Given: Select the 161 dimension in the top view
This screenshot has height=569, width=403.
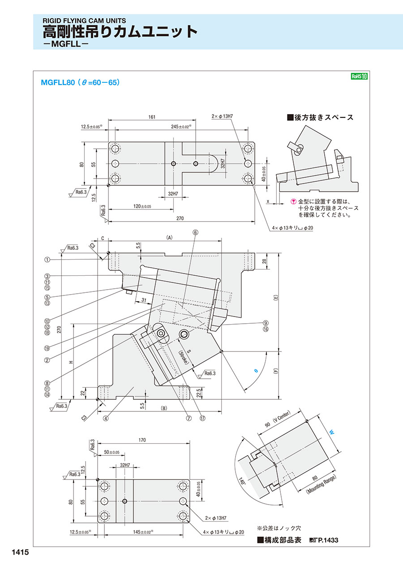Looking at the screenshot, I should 152,117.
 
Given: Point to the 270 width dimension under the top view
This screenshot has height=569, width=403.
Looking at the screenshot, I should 180,218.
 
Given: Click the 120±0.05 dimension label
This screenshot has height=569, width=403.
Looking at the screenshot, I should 142,206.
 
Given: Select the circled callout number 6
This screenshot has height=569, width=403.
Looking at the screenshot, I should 195,232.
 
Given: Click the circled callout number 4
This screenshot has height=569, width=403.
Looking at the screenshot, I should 106,419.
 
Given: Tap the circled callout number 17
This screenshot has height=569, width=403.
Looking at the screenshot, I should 202,419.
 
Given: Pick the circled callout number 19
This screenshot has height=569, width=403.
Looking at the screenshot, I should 47,348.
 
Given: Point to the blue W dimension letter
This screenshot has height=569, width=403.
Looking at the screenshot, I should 332,433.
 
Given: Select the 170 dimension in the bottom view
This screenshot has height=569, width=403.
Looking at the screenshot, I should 142,441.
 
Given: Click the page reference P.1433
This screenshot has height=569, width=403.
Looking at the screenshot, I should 327,540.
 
